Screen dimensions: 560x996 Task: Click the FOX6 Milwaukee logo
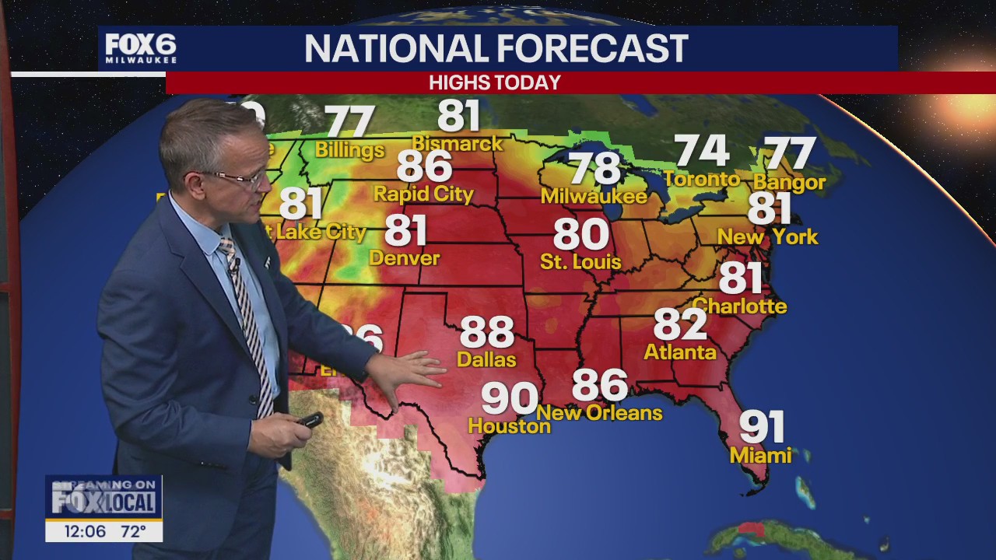[x=141, y=48]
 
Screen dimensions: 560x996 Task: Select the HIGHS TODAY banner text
[x=495, y=82]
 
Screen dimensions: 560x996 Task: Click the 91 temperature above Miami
[x=762, y=426]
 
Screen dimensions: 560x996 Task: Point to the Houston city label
[x=509, y=426]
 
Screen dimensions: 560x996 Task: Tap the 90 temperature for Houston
[x=509, y=398]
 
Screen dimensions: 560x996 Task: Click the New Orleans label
[x=599, y=412]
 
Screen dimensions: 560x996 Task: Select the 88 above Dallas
[x=487, y=332]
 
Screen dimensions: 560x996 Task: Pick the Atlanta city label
[x=680, y=352]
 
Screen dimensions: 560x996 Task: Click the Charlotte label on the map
[x=739, y=306]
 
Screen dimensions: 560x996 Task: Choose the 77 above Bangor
[x=789, y=153]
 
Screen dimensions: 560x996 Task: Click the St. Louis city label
[x=580, y=261]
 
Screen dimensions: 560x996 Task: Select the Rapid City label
[x=423, y=193]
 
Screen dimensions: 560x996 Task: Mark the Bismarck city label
[x=458, y=144]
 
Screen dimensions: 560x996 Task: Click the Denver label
[x=404, y=257]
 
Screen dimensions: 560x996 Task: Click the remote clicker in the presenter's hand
[x=309, y=421]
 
